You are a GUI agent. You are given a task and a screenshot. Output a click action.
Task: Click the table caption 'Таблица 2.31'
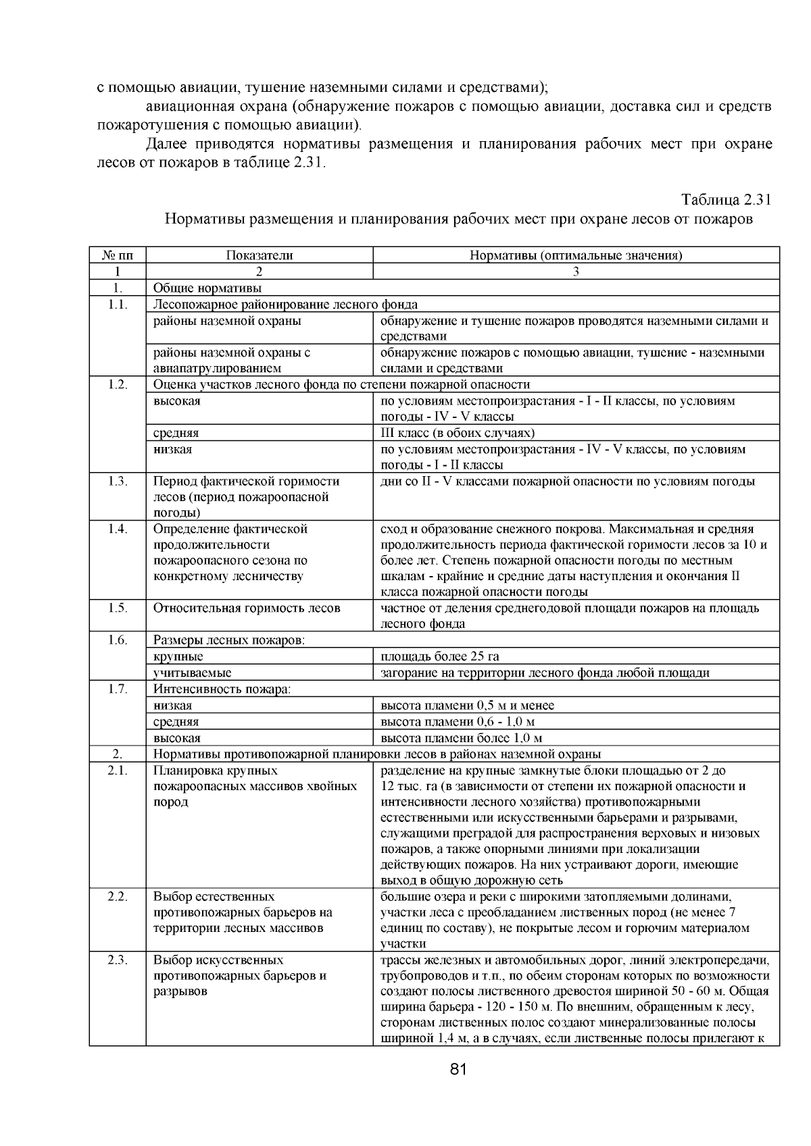click(x=726, y=201)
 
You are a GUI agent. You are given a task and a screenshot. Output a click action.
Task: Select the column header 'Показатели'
click(x=260, y=255)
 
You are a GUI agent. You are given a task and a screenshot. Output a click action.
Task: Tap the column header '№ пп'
click(x=118, y=255)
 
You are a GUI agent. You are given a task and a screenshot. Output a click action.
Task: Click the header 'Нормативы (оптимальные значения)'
click(x=576, y=255)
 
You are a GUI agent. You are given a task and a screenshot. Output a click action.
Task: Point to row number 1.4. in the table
click(x=118, y=529)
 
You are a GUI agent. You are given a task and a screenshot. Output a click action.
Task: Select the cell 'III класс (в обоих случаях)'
click(x=458, y=433)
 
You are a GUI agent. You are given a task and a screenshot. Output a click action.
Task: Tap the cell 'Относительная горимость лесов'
click(x=247, y=608)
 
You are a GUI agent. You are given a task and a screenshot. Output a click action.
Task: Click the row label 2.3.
click(x=118, y=960)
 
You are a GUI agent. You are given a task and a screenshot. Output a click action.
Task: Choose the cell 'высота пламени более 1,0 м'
click(x=462, y=738)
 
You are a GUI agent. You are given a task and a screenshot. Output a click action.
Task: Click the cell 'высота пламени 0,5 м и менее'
click(x=467, y=706)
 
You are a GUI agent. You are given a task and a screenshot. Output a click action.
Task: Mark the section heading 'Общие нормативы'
click(x=198, y=288)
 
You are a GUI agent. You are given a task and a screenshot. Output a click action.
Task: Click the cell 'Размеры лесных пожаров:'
click(x=229, y=640)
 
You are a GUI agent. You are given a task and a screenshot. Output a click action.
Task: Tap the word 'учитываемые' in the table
click(x=192, y=673)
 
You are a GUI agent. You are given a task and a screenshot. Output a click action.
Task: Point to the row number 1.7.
click(x=118, y=689)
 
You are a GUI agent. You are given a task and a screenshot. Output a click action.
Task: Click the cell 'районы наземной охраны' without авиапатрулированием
click(x=227, y=321)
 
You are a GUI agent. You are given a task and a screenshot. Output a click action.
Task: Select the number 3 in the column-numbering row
click(x=576, y=271)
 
